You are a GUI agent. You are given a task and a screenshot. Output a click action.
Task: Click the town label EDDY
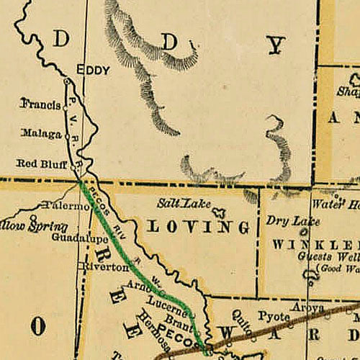(94, 71)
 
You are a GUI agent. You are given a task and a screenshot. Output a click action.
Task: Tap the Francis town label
(40, 104)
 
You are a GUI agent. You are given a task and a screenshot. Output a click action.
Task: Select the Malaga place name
(41, 133)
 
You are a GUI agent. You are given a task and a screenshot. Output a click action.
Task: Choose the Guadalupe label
(80, 236)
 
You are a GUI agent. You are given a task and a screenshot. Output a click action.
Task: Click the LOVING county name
(199, 228)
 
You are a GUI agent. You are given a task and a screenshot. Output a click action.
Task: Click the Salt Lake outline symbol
(219, 212)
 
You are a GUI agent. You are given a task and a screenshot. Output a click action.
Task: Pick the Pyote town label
(273, 315)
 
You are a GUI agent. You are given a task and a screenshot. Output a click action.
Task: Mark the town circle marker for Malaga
(66, 133)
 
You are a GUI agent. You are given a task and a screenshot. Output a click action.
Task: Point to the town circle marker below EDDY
(66, 82)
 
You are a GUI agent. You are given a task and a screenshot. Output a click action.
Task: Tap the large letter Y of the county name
(276, 45)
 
